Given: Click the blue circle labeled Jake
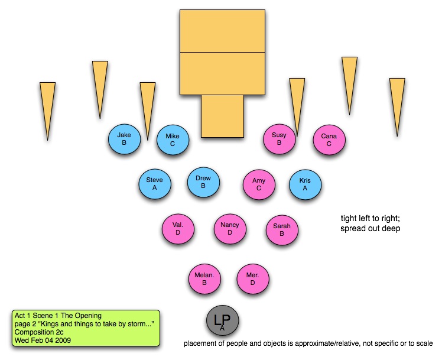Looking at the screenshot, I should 124,139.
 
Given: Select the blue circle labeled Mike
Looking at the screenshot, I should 173,140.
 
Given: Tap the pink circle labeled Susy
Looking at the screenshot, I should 279,139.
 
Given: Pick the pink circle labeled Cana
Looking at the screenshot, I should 329,140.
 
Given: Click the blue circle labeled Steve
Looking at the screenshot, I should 154,184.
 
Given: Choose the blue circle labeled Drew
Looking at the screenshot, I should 203,182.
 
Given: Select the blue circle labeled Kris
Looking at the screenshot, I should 305,184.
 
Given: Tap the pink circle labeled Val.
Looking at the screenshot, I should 178,229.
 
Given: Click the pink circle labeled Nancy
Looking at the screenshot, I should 229,229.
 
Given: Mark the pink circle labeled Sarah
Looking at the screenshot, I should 282,229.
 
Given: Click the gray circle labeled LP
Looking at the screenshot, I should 222,322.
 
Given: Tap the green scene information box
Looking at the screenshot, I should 86,327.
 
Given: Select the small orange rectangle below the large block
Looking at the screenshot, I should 222,116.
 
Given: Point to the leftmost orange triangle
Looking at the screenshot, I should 47,106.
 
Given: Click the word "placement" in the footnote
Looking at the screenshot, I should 199,343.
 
